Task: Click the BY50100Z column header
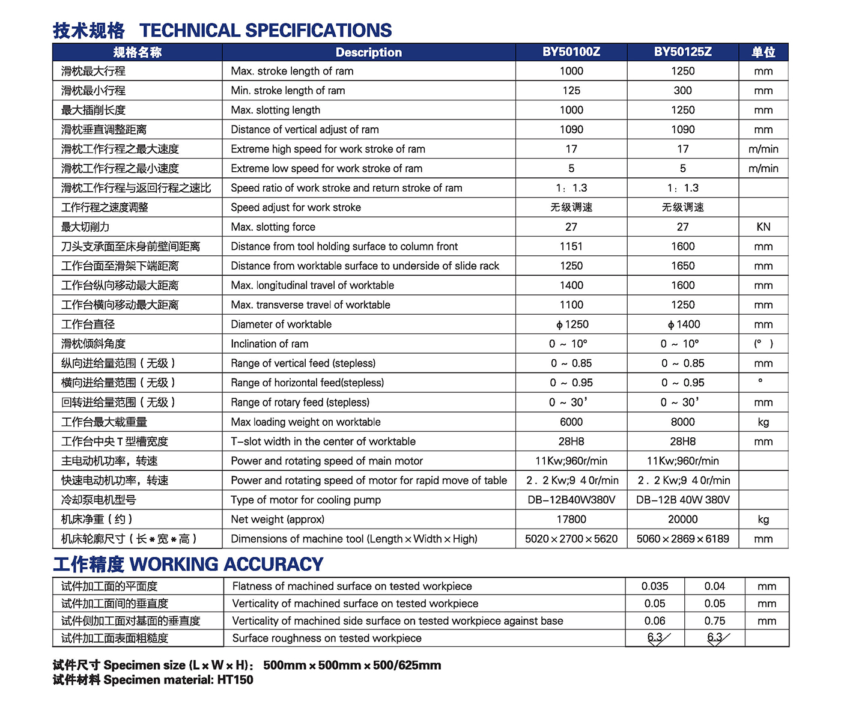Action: point(571,52)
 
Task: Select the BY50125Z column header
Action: point(682,52)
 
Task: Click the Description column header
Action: point(368,52)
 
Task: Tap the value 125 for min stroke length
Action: point(571,91)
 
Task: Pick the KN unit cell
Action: point(763,227)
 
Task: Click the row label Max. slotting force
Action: point(273,227)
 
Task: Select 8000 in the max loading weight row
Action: point(682,422)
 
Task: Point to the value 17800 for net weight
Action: point(571,520)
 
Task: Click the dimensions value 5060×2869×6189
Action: point(682,539)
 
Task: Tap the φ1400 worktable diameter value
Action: point(683,324)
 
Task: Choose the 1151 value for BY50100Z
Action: point(571,246)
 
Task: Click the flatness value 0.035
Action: point(654,586)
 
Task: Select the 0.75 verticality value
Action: point(714,621)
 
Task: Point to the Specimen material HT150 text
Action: point(153,680)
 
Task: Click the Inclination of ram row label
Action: point(269,344)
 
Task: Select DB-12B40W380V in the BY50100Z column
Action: point(571,500)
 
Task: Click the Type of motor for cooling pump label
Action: point(305,500)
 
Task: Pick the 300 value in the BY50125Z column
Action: point(682,91)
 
